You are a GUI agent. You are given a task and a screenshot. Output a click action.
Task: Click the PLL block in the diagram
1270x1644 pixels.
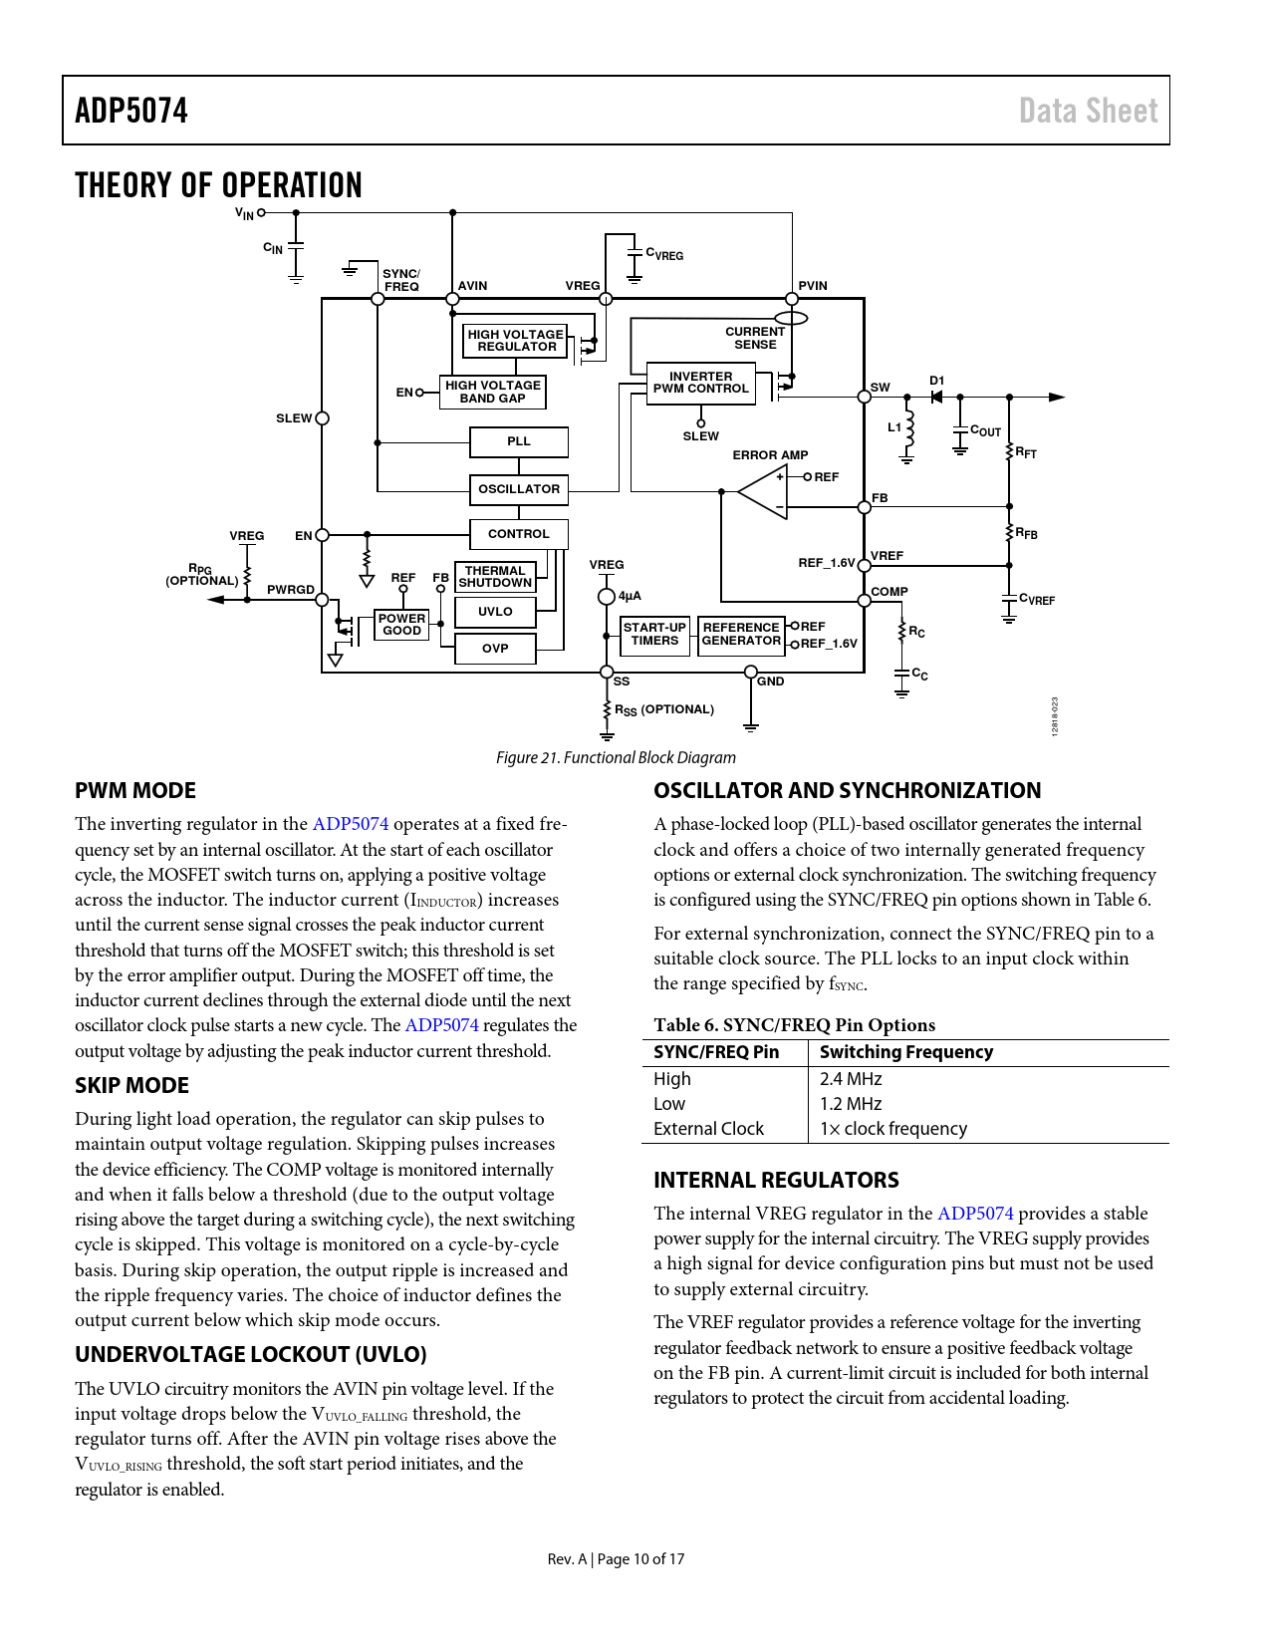[518, 441]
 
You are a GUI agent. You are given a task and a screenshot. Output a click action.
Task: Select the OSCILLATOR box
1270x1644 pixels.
[518, 489]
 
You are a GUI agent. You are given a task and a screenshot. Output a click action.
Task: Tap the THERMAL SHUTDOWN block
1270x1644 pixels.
[495, 577]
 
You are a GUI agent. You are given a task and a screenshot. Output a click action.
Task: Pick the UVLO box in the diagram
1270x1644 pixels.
[495, 612]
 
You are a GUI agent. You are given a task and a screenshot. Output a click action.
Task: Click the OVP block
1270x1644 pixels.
[495, 649]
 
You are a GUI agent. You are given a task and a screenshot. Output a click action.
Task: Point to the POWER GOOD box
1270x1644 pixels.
[401, 625]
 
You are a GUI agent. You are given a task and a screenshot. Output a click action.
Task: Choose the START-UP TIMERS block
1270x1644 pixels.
[654, 635]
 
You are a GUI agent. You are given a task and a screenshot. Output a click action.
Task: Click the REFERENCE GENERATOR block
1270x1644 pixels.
[741, 635]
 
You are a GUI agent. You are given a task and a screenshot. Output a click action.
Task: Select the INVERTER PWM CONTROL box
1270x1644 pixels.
[700, 384]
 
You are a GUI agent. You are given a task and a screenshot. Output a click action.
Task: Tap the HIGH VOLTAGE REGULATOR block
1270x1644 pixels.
[515, 341]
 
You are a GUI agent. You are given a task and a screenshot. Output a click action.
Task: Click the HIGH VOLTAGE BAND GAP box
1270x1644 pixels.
[492, 392]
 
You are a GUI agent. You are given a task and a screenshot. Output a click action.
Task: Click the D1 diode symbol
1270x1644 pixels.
[936, 397]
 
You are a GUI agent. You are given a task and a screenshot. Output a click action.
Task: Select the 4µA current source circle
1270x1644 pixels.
[607, 597]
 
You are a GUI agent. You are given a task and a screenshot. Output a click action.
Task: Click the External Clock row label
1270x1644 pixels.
[708, 1129]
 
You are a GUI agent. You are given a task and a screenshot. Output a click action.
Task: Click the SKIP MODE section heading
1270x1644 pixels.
[131, 1086]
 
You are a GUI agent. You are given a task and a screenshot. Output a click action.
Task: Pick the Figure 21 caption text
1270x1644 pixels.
[616, 758]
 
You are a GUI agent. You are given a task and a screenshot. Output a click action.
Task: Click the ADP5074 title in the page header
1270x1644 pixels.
[131, 111]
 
